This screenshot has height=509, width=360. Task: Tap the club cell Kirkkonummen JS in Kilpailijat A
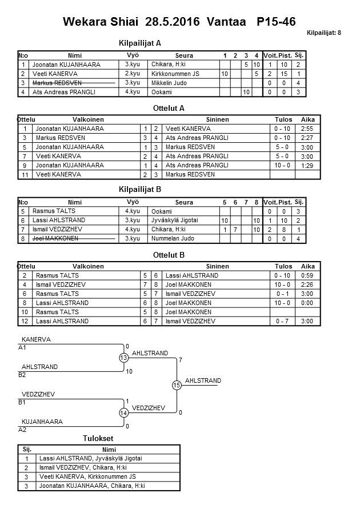tap(175, 74)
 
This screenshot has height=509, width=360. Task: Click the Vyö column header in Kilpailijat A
tap(132, 55)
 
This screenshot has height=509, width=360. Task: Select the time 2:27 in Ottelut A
tap(307, 138)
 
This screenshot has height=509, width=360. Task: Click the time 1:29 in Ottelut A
tap(307, 165)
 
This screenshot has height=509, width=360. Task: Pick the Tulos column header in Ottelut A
tap(283, 119)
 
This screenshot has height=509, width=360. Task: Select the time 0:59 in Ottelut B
tap(307, 275)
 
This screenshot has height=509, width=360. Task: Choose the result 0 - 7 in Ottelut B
tap(283, 321)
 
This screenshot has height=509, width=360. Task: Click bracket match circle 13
tap(123, 358)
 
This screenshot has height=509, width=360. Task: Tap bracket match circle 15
tap(177, 385)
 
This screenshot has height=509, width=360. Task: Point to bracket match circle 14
tap(123, 412)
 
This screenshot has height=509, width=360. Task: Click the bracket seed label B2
tap(22, 375)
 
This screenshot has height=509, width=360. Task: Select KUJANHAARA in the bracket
tap(41, 422)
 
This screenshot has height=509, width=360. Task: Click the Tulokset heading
tap(98, 438)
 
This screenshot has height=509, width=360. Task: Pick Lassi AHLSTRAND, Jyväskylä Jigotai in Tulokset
tap(90, 458)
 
